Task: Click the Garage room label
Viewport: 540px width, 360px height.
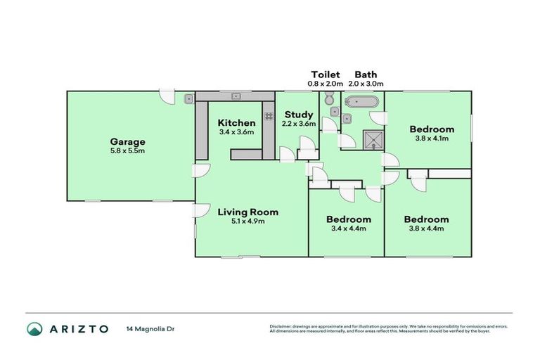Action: (127, 141)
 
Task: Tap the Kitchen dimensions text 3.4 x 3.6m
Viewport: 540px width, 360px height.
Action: (236, 132)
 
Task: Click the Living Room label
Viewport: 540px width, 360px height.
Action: (247, 212)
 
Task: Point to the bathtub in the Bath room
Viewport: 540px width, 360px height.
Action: (361, 101)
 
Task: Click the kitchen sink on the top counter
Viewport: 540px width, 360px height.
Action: (237, 96)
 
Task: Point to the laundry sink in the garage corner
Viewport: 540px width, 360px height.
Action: (189, 99)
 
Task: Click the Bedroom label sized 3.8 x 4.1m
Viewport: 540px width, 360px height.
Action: (431, 129)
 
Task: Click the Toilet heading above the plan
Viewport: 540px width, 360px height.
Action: (326, 74)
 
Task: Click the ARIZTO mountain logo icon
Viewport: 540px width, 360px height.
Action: (34, 328)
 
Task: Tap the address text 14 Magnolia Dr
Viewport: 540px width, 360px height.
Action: (151, 328)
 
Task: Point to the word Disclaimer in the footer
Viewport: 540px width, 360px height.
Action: (281, 326)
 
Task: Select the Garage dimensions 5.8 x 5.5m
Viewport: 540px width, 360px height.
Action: (127, 151)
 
